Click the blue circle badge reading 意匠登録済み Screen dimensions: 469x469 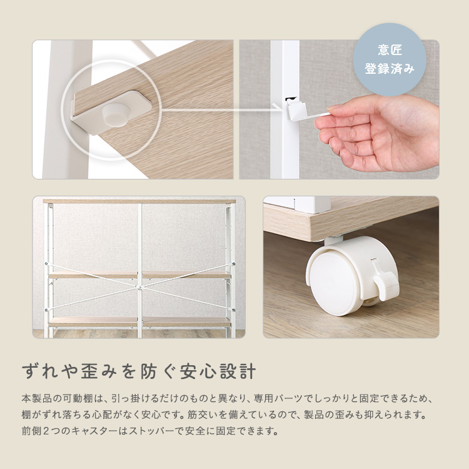[x=389, y=60]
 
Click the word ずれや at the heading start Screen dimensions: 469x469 [x=44, y=370]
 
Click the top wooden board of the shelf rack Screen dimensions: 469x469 [x=139, y=201]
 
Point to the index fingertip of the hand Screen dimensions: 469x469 [x=332, y=108]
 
